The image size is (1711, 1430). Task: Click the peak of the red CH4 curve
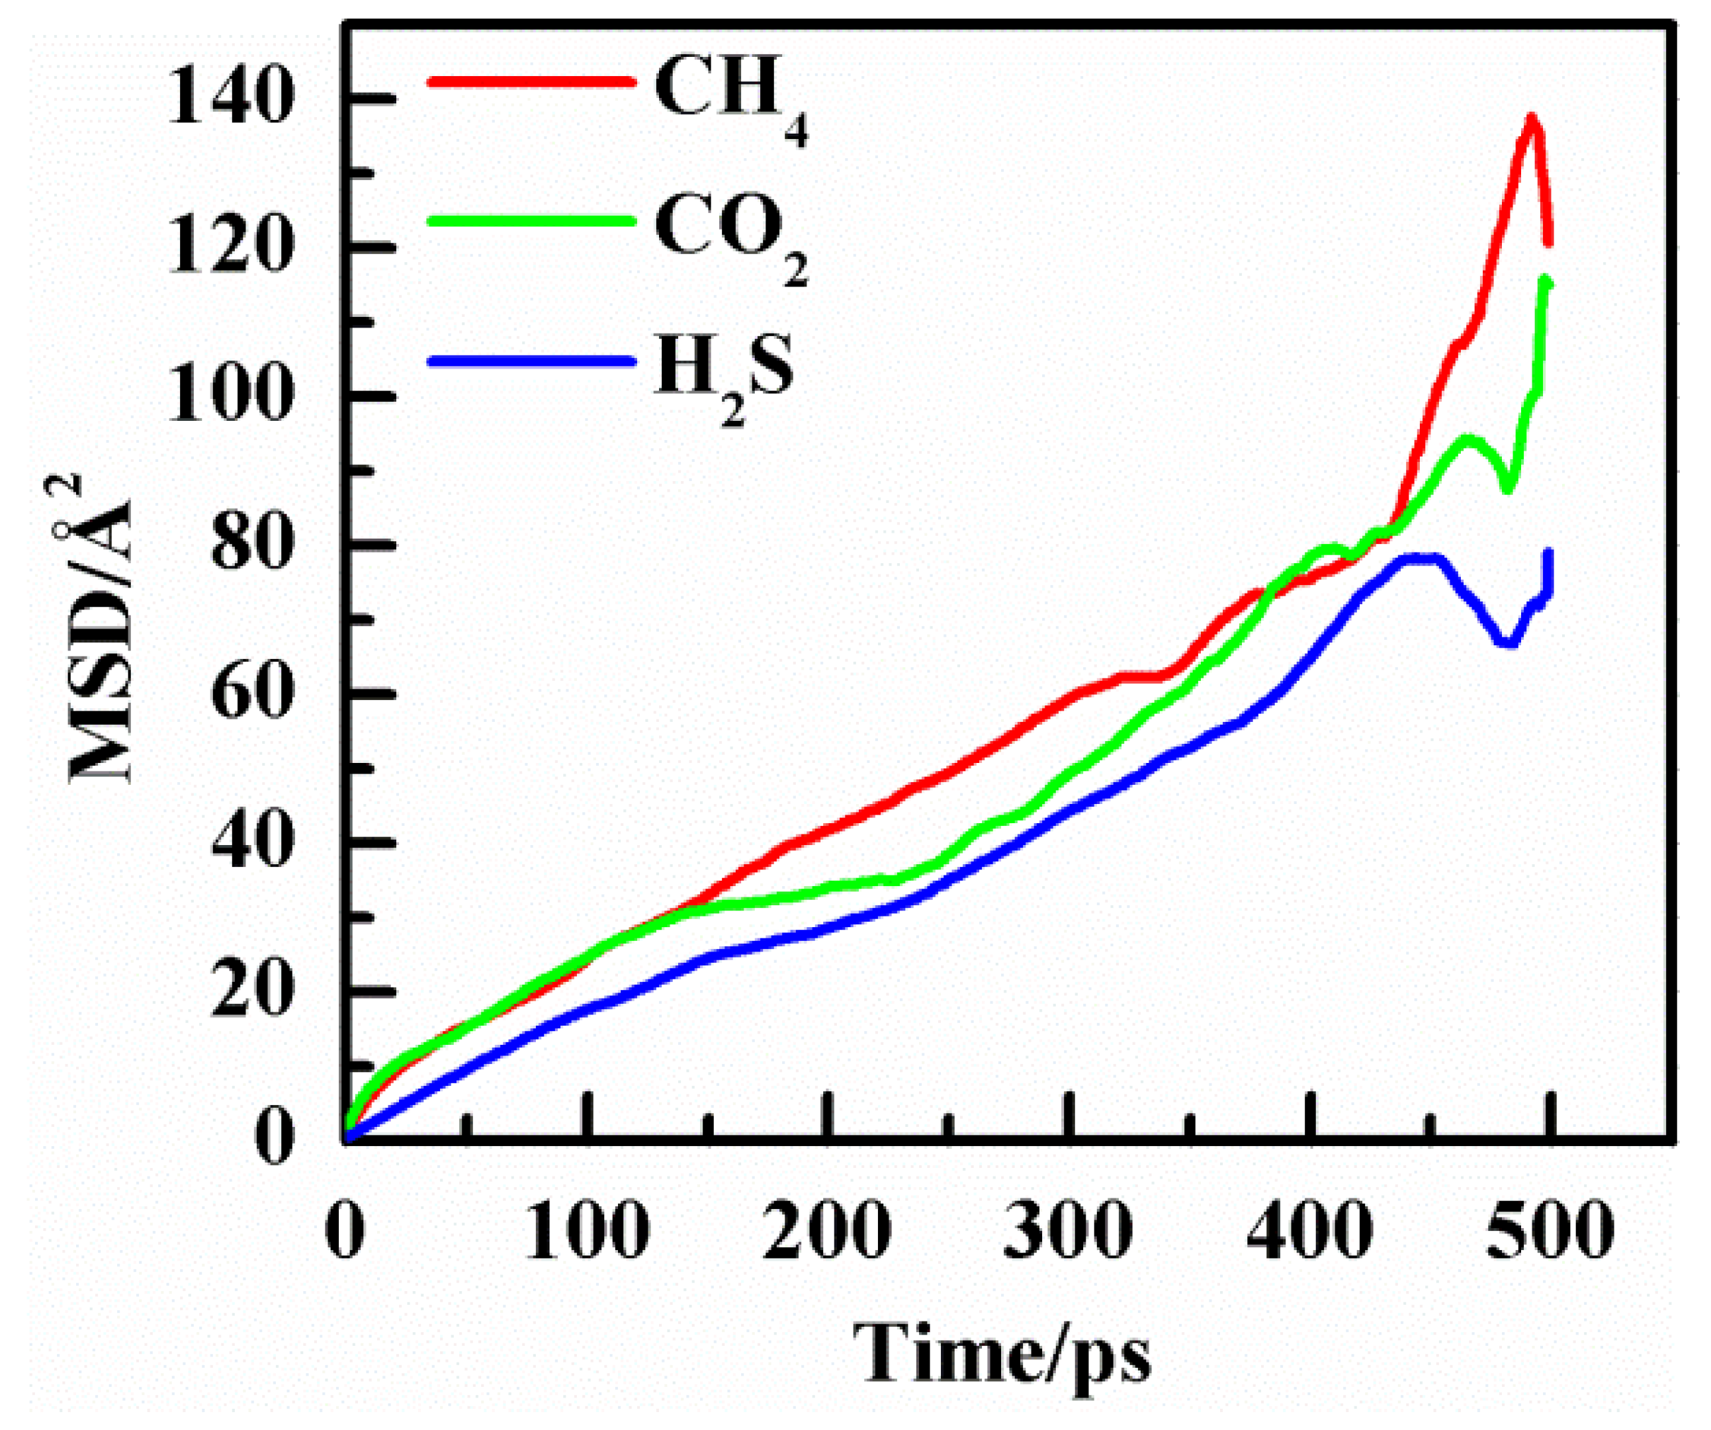click(1531, 119)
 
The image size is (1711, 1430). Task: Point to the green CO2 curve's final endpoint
click(1546, 283)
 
